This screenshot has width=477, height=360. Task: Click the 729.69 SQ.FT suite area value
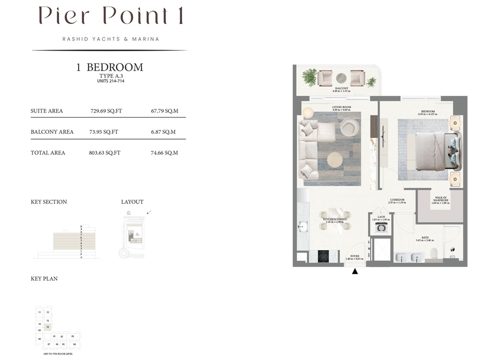tap(106, 111)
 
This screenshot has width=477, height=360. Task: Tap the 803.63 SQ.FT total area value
tap(104, 153)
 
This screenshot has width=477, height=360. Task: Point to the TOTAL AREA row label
tap(48, 153)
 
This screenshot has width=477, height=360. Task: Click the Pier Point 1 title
tap(110, 16)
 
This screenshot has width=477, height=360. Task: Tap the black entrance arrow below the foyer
tap(354, 272)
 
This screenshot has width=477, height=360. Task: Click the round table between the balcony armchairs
tap(341, 78)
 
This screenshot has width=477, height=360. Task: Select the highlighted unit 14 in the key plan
tap(48, 327)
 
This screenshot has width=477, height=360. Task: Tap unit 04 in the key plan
tap(74, 344)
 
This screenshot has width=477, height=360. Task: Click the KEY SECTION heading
tap(49, 202)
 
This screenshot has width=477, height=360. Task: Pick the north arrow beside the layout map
tap(150, 212)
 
